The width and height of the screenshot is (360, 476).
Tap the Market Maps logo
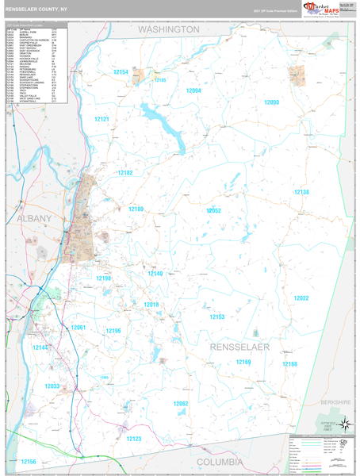click(318, 11)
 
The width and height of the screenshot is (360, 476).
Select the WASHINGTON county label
click(169, 29)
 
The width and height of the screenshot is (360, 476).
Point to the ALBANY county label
click(30, 217)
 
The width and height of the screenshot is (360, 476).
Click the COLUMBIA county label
click(220, 461)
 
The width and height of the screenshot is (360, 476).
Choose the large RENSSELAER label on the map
click(240, 347)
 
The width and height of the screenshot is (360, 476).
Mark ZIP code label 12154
click(120, 72)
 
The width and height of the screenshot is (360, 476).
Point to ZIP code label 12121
click(102, 119)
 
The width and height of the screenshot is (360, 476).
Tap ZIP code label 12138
click(301, 193)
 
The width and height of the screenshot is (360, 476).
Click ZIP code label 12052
click(213, 210)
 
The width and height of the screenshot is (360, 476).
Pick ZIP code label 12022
click(301, 298)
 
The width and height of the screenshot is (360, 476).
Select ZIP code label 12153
click(216, 317)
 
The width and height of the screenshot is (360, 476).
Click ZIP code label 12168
click(289, 364)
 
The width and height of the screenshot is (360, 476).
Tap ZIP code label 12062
click(181, 404)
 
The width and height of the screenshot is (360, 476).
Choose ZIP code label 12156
click(29, 461)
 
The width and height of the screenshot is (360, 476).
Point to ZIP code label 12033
click(52, 386)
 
